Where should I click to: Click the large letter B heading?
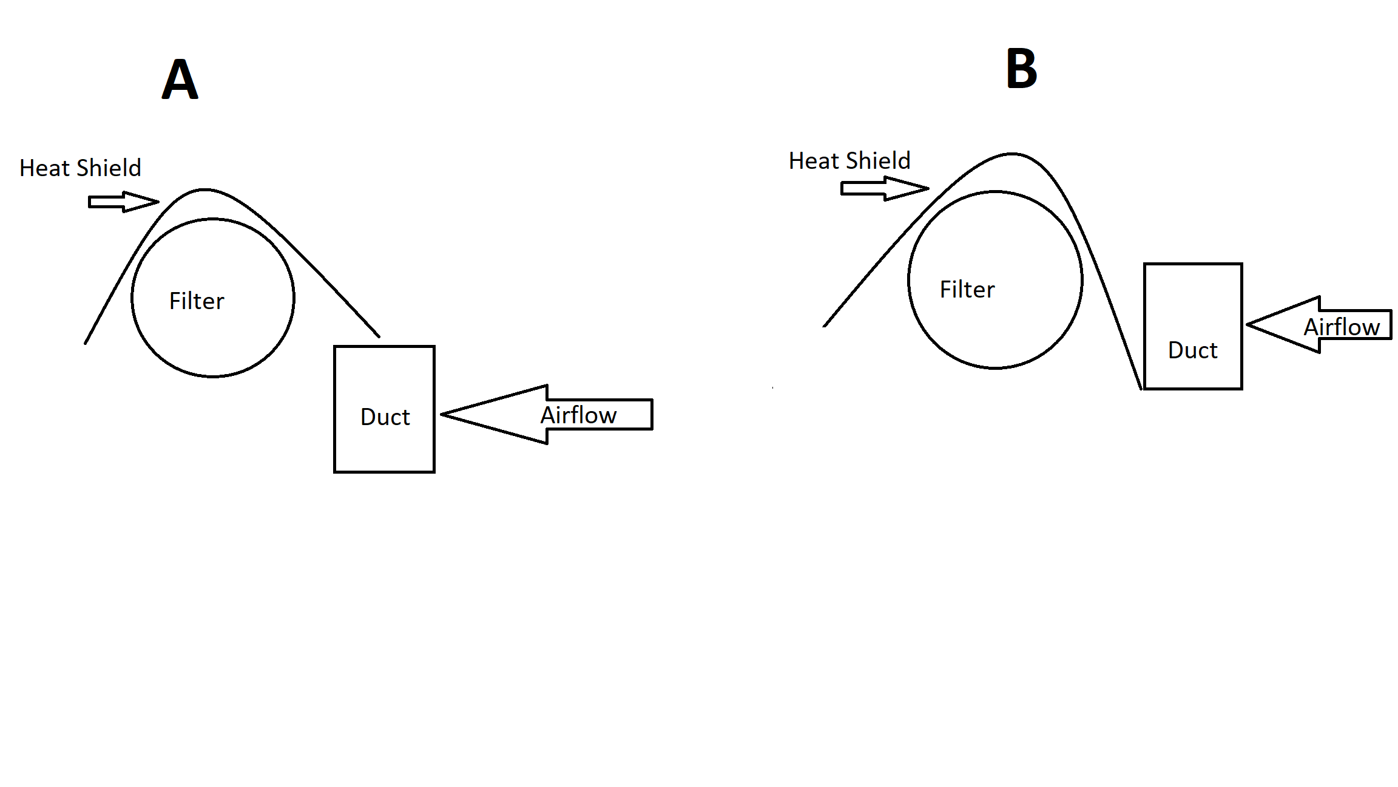1022,69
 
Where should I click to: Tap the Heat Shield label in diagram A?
80,168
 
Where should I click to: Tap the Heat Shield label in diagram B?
849,161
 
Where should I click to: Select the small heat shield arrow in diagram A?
123,202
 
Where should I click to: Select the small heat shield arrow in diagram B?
884,188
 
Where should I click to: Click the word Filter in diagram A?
197,301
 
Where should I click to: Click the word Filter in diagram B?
967,290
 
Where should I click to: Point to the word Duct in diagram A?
385,417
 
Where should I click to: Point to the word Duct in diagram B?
1193,350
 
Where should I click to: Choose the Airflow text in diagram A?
579,415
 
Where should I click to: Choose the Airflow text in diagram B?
1342,327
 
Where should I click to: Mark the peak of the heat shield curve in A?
205,190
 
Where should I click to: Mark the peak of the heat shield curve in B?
1011,154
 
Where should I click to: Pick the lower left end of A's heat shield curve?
86,343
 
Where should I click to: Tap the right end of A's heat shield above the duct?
379,336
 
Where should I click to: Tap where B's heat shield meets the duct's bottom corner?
1141,389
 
